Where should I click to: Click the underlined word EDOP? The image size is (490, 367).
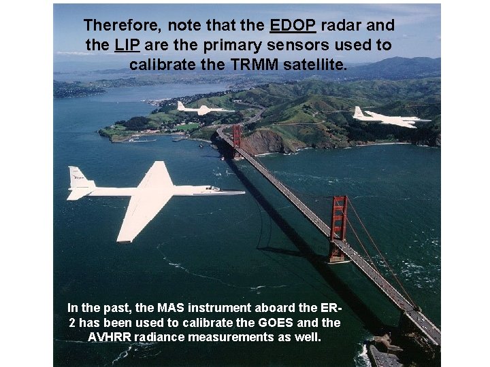[x=293, y=26]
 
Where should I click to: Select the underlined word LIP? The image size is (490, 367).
[x=127, y=46]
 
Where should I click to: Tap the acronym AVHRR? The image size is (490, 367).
[x=110, y=338]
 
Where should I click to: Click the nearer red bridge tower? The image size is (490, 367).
[x=338, y=228]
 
